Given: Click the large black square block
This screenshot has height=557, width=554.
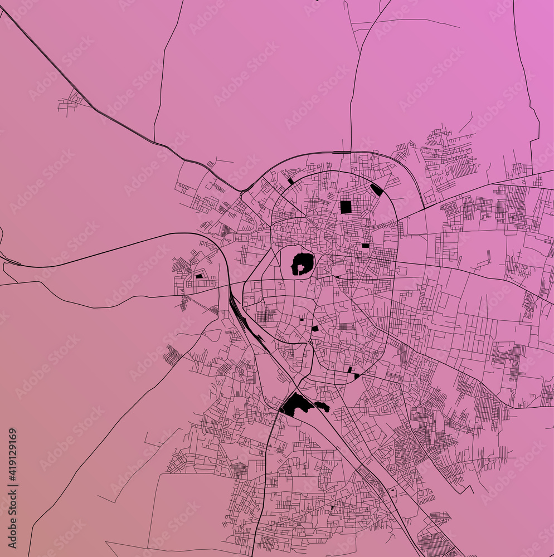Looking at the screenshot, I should [x=346, y=207].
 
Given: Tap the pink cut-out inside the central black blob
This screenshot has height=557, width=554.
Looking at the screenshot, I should [x=301, y=268].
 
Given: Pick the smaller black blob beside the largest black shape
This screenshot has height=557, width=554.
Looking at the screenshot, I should [x=322, y=407].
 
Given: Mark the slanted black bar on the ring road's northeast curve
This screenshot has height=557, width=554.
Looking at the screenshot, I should [x=377, y=189].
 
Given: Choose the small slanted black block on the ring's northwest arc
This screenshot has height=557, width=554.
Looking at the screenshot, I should [x=290, y=181].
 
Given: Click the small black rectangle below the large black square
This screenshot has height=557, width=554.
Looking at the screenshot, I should [x=365, y=245].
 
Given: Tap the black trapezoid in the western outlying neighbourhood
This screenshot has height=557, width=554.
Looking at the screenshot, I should [x=199, y=275].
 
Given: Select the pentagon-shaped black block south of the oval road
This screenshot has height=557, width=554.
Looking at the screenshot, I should [x=315, y=329].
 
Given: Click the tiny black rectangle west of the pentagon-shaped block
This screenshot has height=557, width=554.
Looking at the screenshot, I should [x=302, y=320].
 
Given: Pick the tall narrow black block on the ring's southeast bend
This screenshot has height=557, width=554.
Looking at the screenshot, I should [x=349, y=369].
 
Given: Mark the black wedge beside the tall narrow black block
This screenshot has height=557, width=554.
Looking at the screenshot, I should [x=357, y=376].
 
